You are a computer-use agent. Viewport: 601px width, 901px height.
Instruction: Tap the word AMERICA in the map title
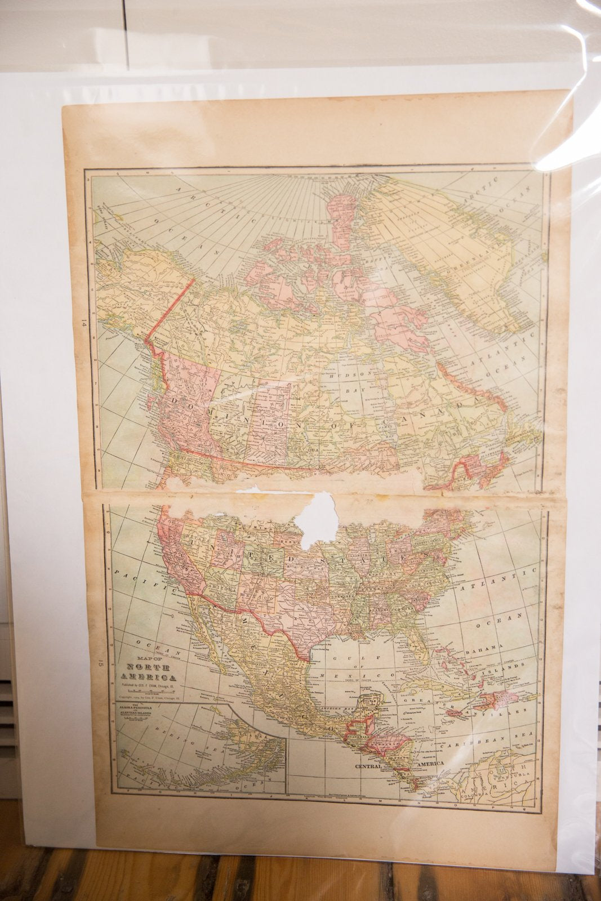tap(145, 678)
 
